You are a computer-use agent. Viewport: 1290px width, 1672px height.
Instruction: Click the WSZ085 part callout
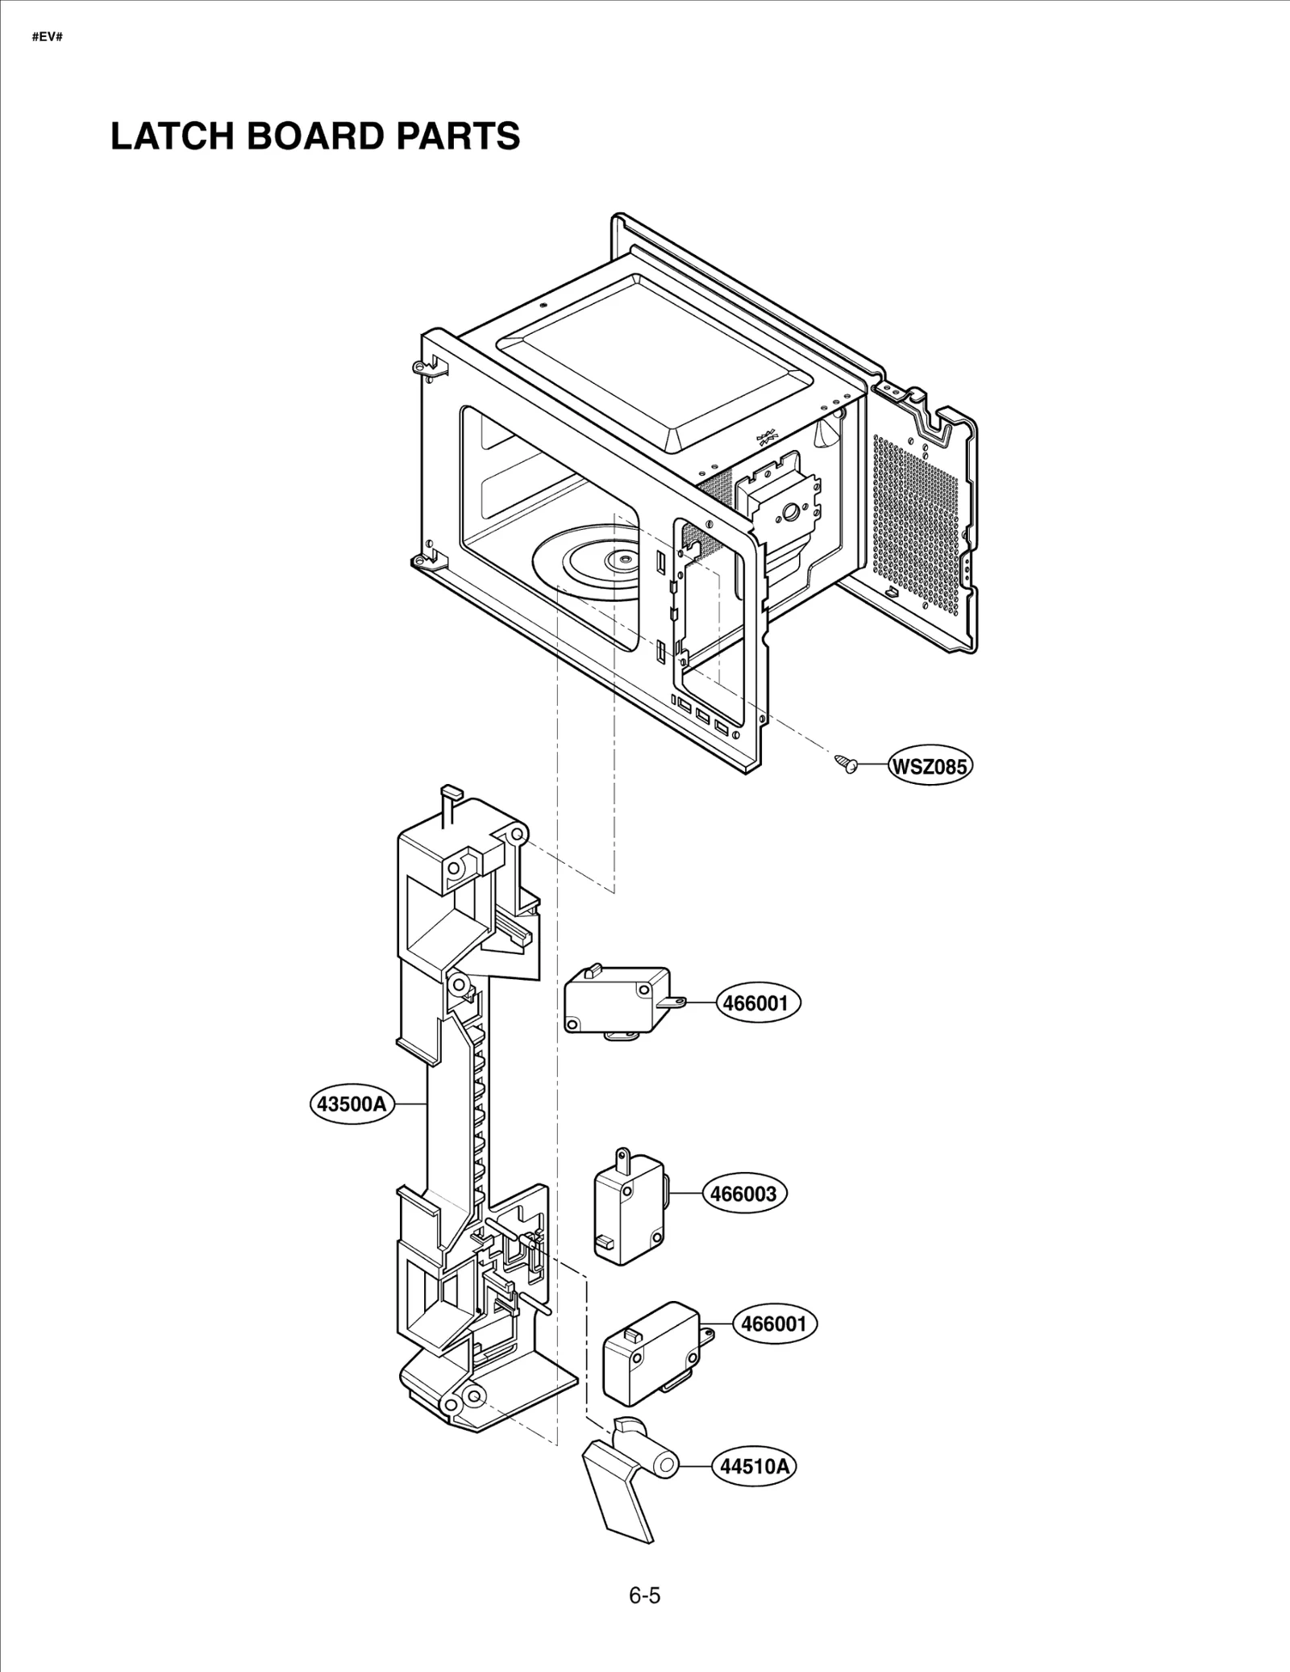point(929,765)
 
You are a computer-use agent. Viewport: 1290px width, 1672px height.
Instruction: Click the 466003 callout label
point(743,1193)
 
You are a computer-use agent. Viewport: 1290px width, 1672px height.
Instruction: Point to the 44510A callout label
point(754,1466)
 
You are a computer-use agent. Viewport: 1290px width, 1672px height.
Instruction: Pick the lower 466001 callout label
point(773,1324)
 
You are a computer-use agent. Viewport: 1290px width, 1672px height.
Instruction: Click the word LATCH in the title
point(170,136)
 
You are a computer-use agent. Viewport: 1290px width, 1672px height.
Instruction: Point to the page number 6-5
point(644,1595)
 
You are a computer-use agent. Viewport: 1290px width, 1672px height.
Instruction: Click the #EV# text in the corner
point(47,38)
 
